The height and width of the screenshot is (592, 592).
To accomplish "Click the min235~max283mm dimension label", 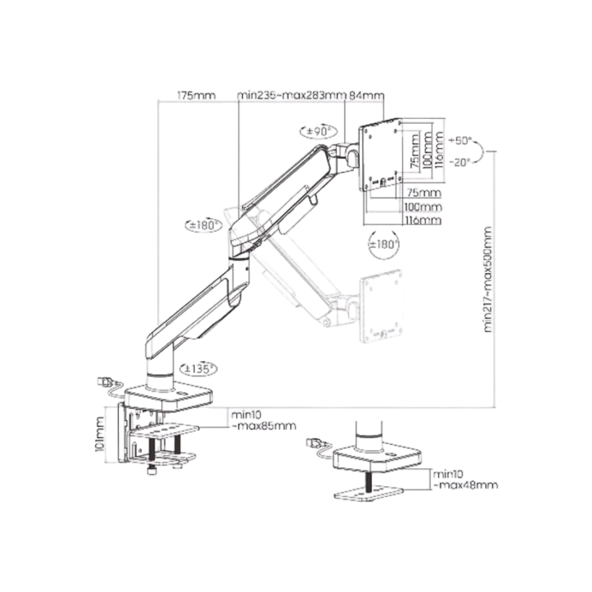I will [x=291, y=95].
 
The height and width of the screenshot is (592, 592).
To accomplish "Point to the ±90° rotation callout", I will [x=313, y=132].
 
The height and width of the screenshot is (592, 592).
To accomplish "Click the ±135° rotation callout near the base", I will [x=198, y=369].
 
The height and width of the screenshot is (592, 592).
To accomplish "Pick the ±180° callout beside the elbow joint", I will [x=202, y=225].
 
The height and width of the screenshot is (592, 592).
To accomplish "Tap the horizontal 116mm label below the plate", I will [x=423, y=221].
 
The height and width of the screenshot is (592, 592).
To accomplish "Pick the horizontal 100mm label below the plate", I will [x=423, y=207].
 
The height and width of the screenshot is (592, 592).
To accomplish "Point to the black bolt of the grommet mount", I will [x=371, y=480].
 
